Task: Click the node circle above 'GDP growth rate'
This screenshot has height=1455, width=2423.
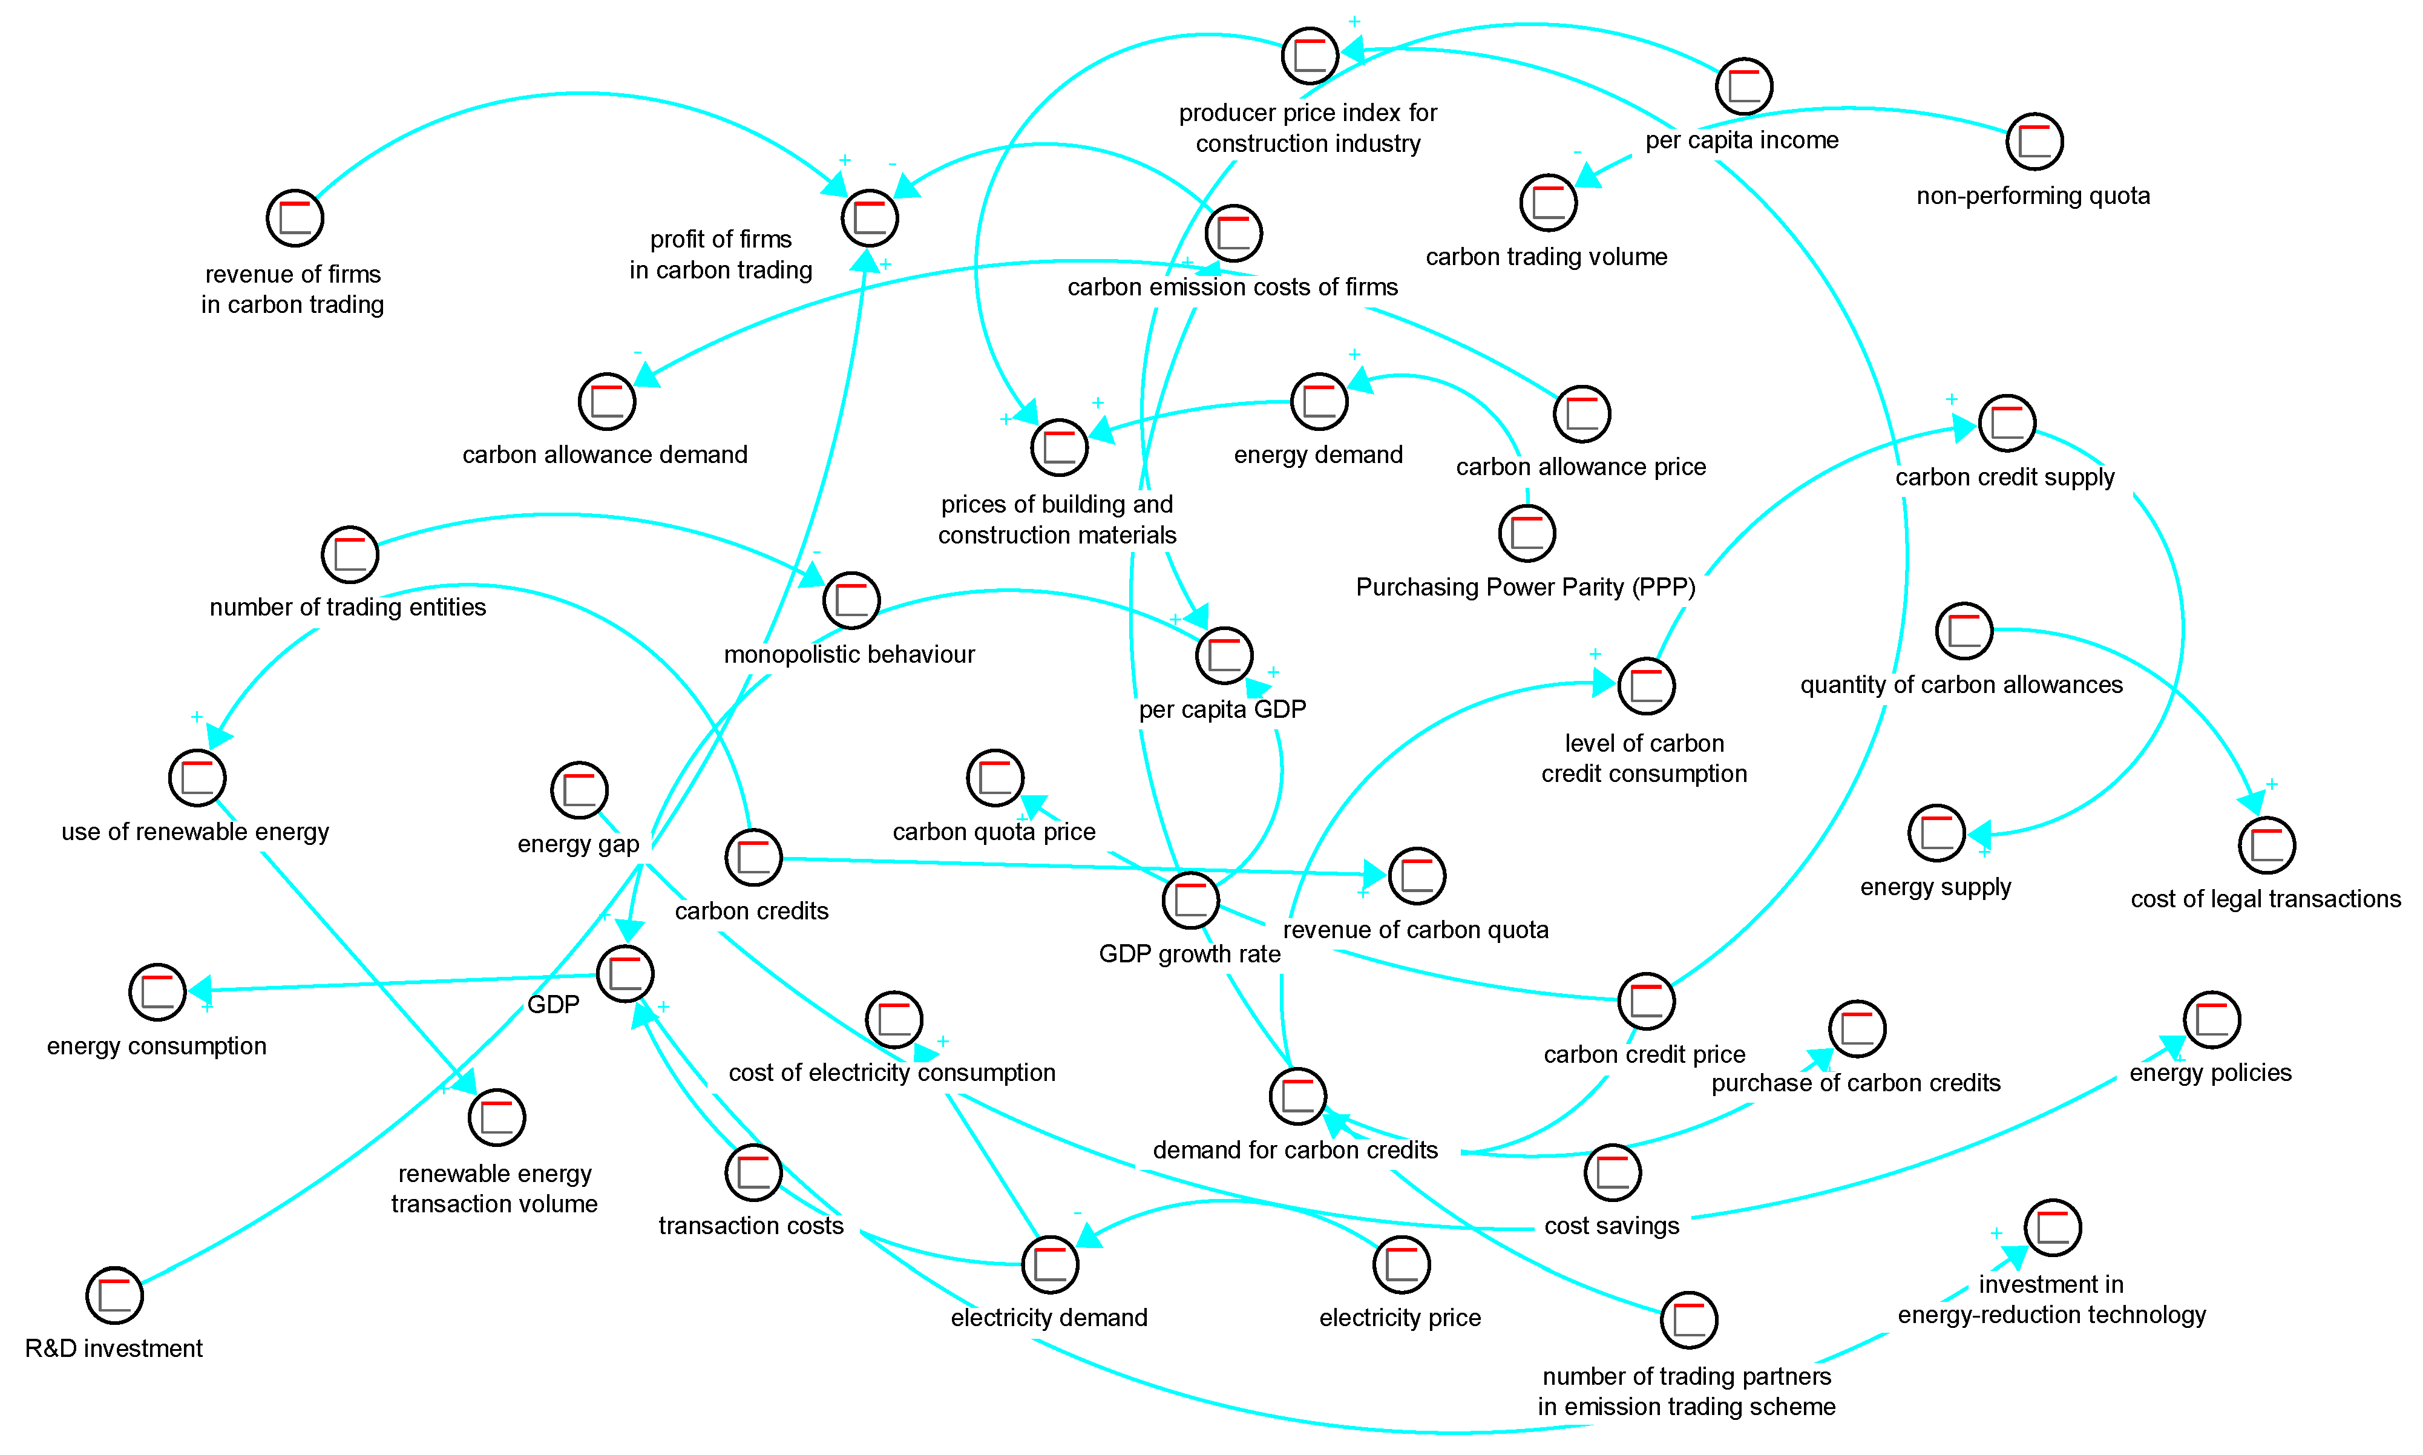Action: point(1190,900)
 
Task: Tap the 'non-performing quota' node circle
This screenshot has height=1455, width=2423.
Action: point(2035,141)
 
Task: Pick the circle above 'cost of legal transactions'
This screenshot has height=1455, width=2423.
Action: point(2267,845)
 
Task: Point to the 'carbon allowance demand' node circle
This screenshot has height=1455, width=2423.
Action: point(607,401)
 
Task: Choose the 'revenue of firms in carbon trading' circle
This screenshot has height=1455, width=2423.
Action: point(295,218)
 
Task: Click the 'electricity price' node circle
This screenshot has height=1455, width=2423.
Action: point(1402,1265)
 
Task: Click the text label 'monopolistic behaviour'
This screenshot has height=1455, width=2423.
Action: point(849,654)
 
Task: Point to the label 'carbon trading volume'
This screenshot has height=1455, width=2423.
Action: point(1546,257)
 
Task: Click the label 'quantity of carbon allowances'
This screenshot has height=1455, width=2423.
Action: point(1961,685)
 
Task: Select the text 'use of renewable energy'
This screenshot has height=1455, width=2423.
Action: point(195,832)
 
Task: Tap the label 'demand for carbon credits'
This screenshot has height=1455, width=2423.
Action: point(1295,1149)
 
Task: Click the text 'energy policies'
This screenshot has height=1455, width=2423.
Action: point(2211,1072)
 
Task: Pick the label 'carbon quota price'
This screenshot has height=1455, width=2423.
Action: point(994,832)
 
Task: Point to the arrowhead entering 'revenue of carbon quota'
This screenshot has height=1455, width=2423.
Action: point(1374,873)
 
